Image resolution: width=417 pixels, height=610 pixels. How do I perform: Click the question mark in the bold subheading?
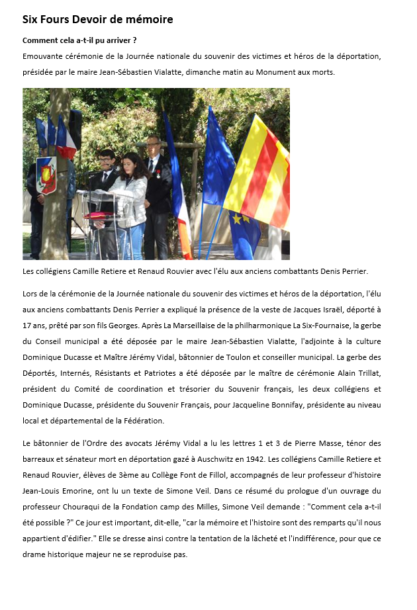tap(134, 41)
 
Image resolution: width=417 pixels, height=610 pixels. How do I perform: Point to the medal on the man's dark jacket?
tap(159, 173)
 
